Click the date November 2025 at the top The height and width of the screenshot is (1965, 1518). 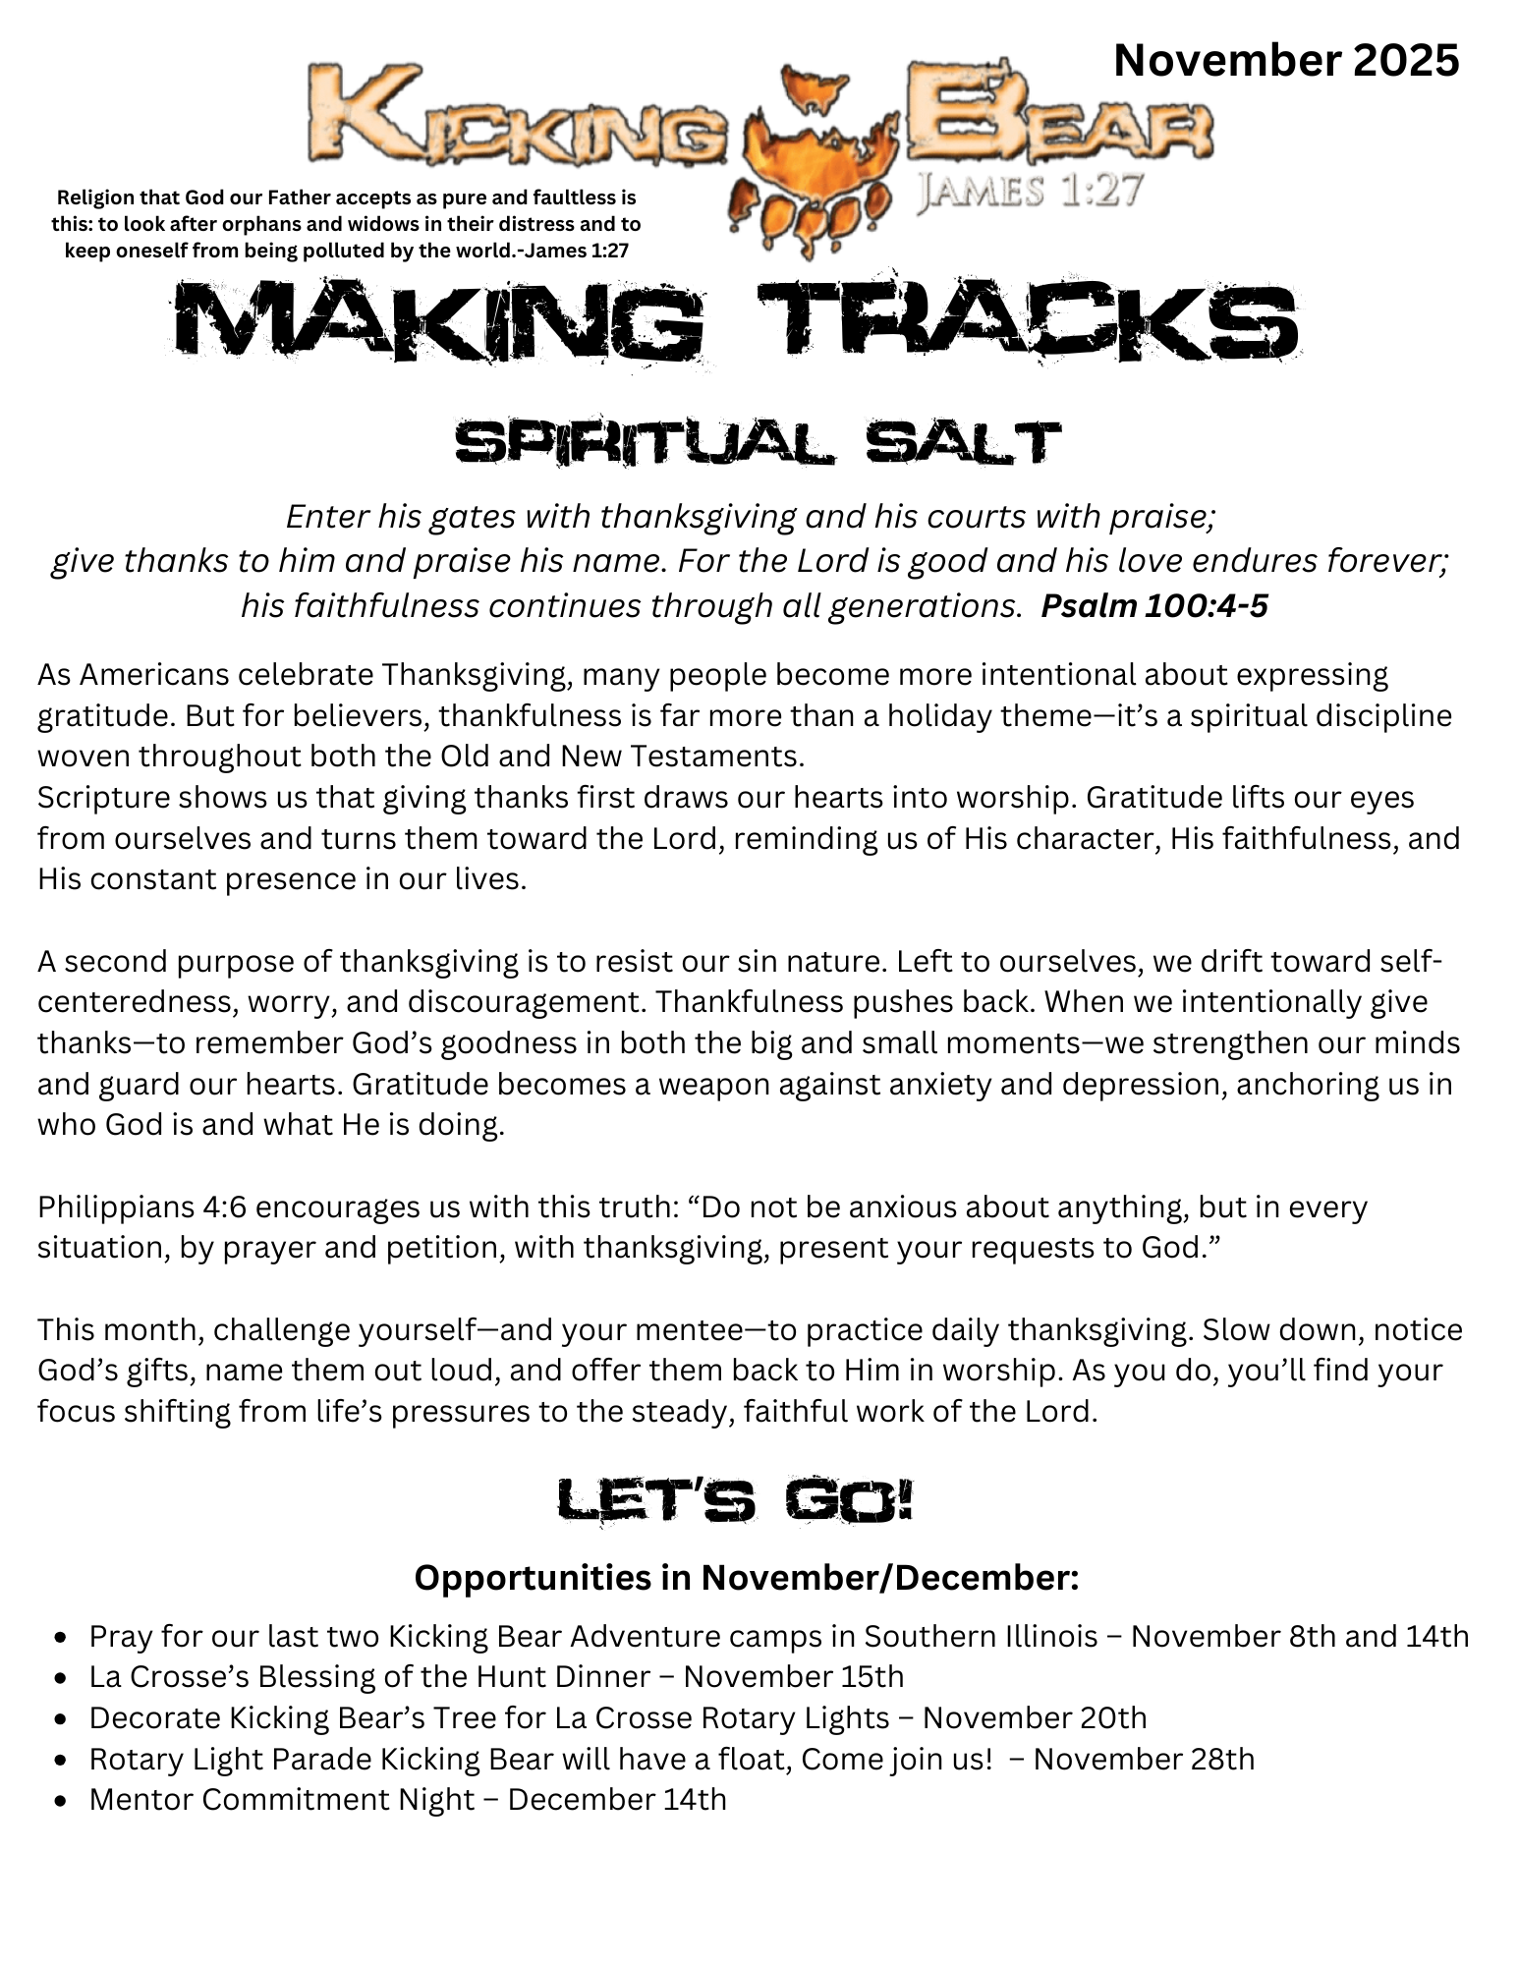(x=1285, y=61)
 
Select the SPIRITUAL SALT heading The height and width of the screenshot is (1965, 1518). (x=758, y=443)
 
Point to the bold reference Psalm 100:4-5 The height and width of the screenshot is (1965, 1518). (x=1153, y=606)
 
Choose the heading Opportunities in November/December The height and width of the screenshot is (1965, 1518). (x=747, y=1578)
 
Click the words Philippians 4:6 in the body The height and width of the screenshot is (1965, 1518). (x=141, y=1207)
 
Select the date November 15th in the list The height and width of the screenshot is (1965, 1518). (x=793, y=1676)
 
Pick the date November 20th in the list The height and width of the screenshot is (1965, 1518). (x=1035, y=1717)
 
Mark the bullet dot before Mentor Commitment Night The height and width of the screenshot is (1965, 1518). (x=62, y=1801)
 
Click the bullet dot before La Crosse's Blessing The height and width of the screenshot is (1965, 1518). (x=62, y=1678)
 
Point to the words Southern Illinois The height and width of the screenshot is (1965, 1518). (x=981, y=1636)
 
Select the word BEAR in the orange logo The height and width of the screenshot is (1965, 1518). (x=1058, y=116)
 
